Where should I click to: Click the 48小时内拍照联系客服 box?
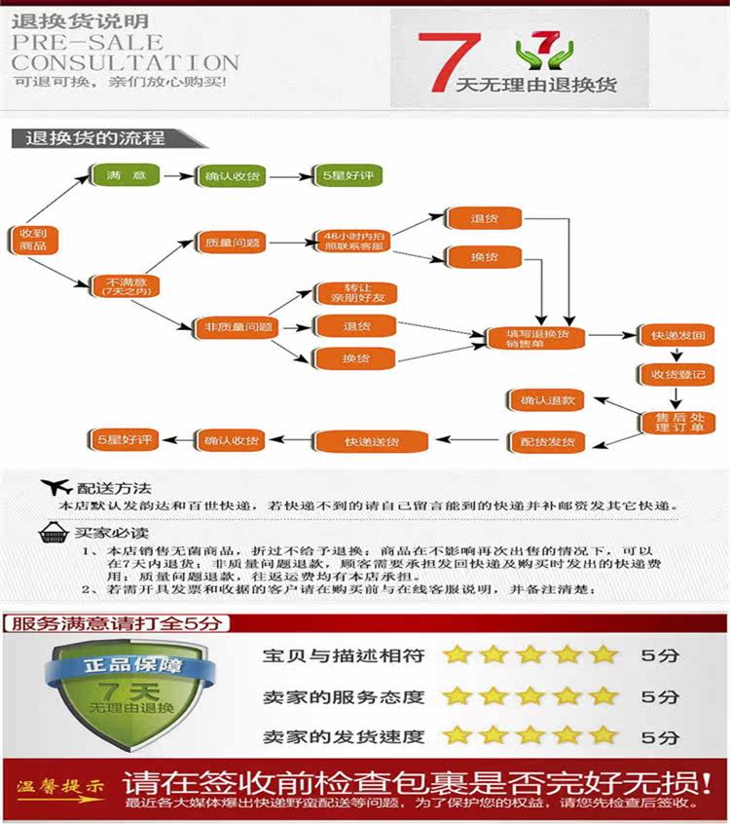click(x=348, y=241)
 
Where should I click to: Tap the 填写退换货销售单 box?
click(x=537, y=338)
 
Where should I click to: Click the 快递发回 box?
click(x=675, y=336)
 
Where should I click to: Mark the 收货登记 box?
click(x=675, y=375)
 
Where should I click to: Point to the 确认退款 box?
click(x=547, y=400)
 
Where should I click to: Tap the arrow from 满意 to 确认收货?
click(x=178, y=176)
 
